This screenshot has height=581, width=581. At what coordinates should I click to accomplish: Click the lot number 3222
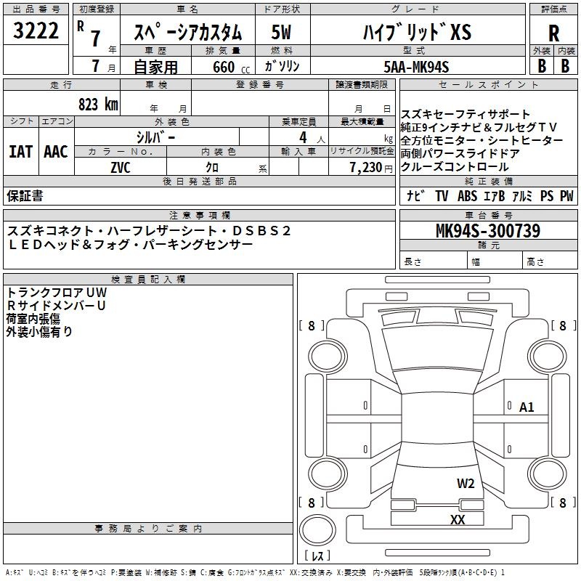[x=36, y=31]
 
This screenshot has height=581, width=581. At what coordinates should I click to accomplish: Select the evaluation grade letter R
[x=553, y=33]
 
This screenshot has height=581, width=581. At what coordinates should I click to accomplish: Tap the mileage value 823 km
[x=98, y=104]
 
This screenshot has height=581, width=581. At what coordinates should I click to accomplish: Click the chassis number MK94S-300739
[x=488, y=230]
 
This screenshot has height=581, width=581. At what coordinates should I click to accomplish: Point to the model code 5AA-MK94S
[x=416, y=67]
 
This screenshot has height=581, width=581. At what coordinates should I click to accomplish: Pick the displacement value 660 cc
[x=231, y=68]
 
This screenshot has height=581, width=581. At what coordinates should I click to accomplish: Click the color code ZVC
[x=121, y=168]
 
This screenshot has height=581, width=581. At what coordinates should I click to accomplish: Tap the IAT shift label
[x=21, y=152]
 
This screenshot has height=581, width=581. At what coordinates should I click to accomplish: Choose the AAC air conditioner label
[x=56, y=152]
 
